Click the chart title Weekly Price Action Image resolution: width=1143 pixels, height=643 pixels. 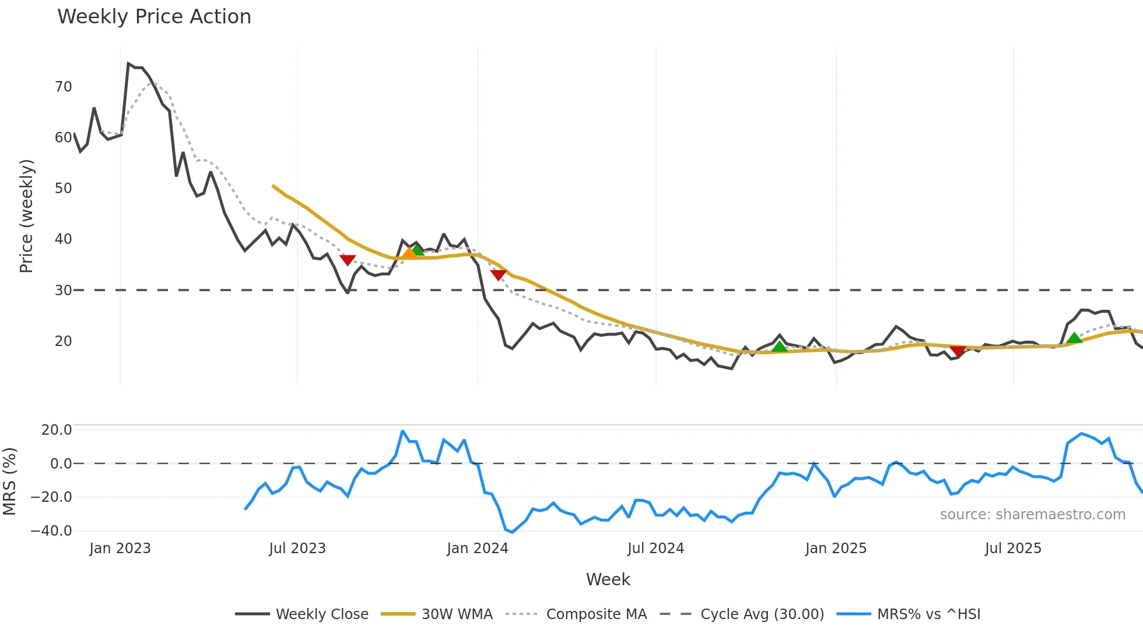pyautogui.click(x=154, y=17)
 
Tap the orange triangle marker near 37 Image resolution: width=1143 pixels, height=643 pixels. pyautogui.click(x=409, y=253)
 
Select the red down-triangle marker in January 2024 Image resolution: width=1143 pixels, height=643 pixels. pyautogui.click(x=499, y=274)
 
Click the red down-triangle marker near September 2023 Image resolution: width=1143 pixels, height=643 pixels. pyautogui.click(x=348, y=260)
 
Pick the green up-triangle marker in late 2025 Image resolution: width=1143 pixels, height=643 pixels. pyautogui.click(x=1074, y=338)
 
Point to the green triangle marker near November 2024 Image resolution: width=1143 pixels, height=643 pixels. pyautogui.click(x=779, y=347)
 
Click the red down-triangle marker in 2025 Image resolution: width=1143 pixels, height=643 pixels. pyautogui.click(x=958, y=350)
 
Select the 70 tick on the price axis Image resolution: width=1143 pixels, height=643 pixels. pyautogui.click(x=63, y=87)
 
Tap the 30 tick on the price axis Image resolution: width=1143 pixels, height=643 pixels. pyautogui.click(x=63, y=290)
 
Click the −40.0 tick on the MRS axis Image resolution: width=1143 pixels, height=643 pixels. pyautogui.click(x=51, y=531)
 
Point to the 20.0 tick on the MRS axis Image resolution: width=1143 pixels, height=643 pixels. pyautogui.click(x=57, y=430)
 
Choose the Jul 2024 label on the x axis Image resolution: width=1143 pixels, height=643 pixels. pyautogui.click(x=655, y=548)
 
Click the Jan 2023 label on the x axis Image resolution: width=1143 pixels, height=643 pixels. pyautogui.click(x=120, y=548)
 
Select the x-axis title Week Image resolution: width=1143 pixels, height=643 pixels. pyautogui.click(x=608, y=579)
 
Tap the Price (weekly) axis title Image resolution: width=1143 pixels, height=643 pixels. pyautogui.click(x=26, y=216)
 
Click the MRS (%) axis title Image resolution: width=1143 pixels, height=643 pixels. pyautogui.click(x=9, y=481)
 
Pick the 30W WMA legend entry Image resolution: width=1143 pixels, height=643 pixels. pyautogui.click(x=457, y=614)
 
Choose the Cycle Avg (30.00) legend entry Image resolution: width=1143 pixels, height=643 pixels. pyautogui.click(x=762, y=614)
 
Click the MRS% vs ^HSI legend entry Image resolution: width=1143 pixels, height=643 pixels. pyautogui.click(x=928, y=614)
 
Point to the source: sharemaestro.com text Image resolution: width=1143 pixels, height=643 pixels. pyautogui.click(x=1032, y=515)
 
